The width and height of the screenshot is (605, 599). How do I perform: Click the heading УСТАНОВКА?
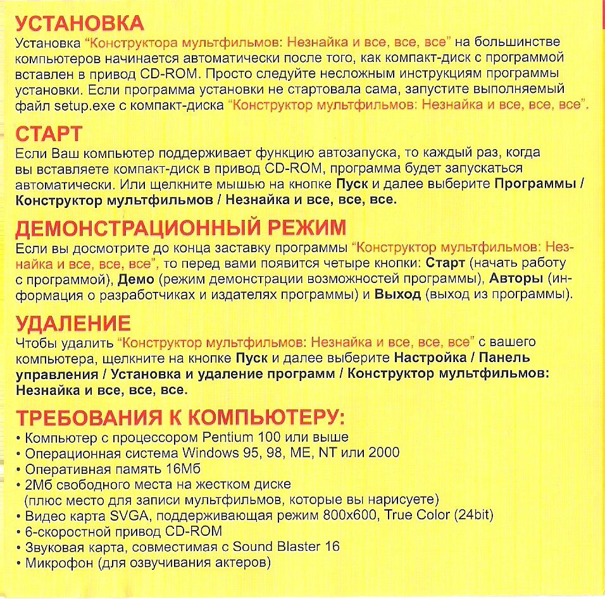80,25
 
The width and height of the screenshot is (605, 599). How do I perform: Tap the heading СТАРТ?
49,134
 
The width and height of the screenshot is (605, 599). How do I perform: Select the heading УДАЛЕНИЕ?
73,324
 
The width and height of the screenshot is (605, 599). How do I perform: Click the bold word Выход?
397,294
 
